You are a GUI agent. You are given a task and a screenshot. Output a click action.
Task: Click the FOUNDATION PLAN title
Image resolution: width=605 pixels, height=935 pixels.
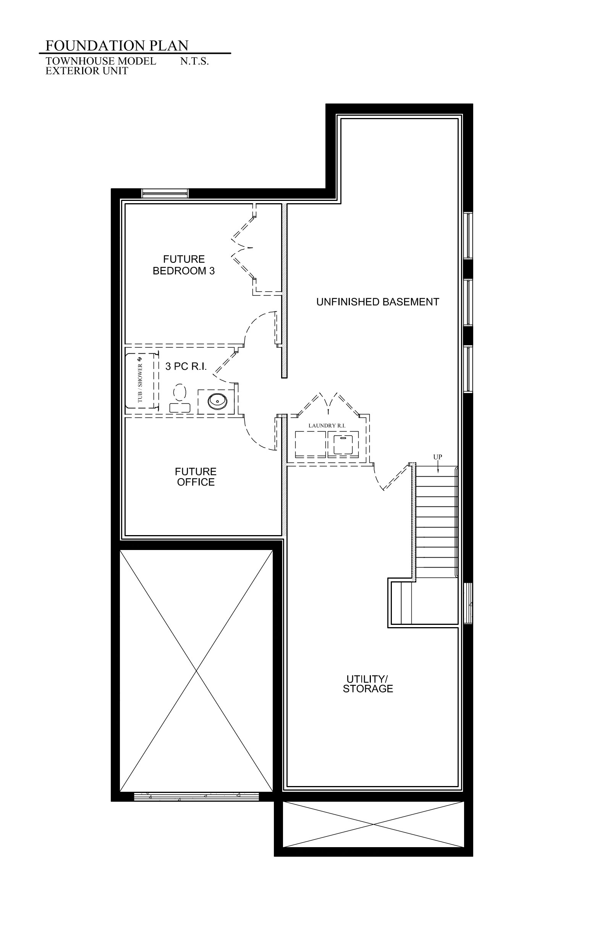117,45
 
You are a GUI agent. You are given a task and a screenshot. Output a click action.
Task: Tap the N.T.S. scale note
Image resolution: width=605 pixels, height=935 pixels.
194,61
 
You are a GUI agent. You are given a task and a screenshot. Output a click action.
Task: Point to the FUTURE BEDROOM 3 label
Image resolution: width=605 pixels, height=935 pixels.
184,265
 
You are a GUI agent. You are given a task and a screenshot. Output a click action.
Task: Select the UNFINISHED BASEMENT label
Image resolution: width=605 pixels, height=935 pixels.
377,302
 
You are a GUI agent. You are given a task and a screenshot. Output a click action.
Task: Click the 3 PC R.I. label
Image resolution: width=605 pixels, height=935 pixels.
186,366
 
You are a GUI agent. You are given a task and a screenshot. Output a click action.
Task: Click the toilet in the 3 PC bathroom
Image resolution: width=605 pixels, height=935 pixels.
180,398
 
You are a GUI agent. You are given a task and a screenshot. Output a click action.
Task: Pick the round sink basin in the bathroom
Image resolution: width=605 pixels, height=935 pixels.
217,401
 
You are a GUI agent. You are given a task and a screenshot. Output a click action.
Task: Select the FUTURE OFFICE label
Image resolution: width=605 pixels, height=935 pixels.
196,477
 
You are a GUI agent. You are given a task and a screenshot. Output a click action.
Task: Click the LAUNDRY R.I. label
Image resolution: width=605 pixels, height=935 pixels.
327,425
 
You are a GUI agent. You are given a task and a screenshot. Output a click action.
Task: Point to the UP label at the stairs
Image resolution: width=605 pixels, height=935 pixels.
437,457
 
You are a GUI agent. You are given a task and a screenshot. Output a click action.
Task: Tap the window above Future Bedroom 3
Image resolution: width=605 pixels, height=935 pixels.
165,193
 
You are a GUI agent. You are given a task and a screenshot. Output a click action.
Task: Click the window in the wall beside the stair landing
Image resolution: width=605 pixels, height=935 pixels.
468,603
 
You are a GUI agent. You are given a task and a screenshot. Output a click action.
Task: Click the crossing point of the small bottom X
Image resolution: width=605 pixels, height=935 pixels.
374,824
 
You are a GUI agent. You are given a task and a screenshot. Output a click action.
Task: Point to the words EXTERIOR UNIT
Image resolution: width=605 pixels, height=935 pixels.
87,71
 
